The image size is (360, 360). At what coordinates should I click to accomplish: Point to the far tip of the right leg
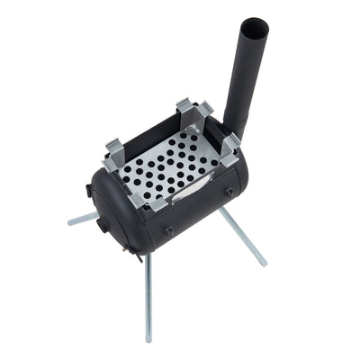263,264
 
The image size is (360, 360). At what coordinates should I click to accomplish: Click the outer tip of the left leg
70,221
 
